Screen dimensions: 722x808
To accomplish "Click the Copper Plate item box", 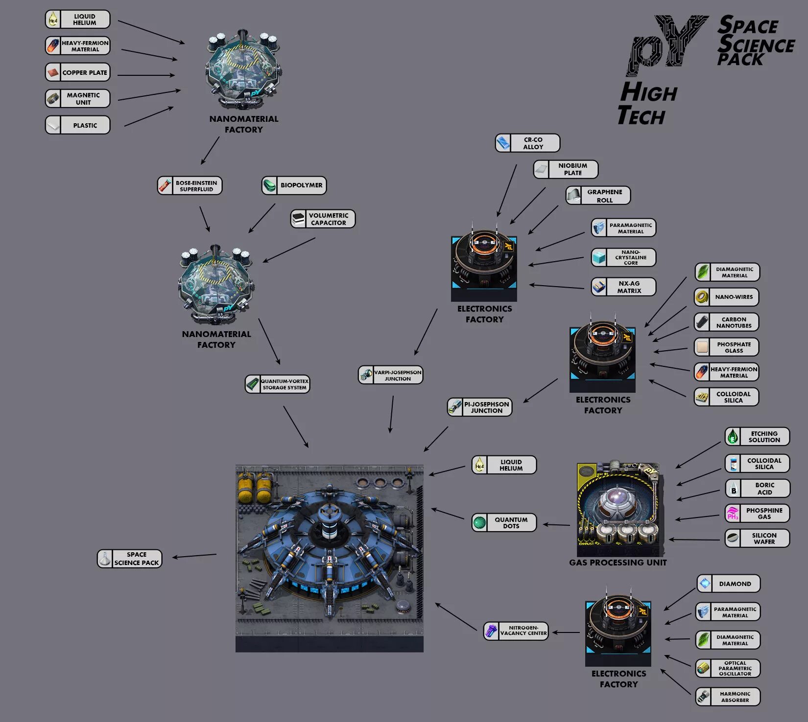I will tap(78, 72).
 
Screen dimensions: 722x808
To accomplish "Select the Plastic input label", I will tap(78, 125).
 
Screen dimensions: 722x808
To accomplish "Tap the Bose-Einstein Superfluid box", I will tap(190, 186).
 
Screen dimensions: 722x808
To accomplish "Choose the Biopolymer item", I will tap(294, 185).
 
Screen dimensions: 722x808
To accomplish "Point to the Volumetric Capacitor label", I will tap(323, 219).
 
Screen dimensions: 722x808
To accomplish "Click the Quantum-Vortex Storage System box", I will tap(278, 384).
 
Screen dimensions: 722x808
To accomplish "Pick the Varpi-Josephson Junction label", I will tap(391, 375).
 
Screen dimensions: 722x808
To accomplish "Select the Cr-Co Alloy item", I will tap(527, 143).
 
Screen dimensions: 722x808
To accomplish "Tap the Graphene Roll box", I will tap(598, 196).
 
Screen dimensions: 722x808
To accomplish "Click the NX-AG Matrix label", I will tap(623, 287).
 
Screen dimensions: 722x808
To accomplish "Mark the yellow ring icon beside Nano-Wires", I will tap(702, 297).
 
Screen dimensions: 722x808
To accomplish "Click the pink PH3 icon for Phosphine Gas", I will tap(733, 514).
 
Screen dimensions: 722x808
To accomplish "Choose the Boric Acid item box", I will tap(757, 488).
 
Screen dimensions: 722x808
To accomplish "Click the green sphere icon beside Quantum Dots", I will tap(479, 522).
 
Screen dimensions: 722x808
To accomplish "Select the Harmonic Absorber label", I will tap(728, 697).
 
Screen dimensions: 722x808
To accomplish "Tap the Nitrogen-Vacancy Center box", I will tap(516, 631).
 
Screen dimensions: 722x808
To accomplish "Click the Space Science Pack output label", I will tap(130, 559).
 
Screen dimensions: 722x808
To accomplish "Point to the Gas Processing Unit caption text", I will tap(618, 563).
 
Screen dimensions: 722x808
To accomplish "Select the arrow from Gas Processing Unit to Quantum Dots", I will tap(556, 525).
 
